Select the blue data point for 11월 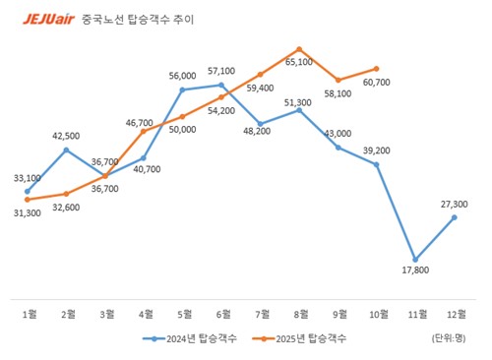416,260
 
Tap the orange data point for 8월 299,48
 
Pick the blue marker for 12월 455,216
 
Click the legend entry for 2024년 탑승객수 187,338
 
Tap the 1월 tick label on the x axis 30,314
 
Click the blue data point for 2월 66,150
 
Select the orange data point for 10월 377,69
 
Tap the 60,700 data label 377,82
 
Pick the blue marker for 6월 221,85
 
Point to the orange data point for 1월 28,200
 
